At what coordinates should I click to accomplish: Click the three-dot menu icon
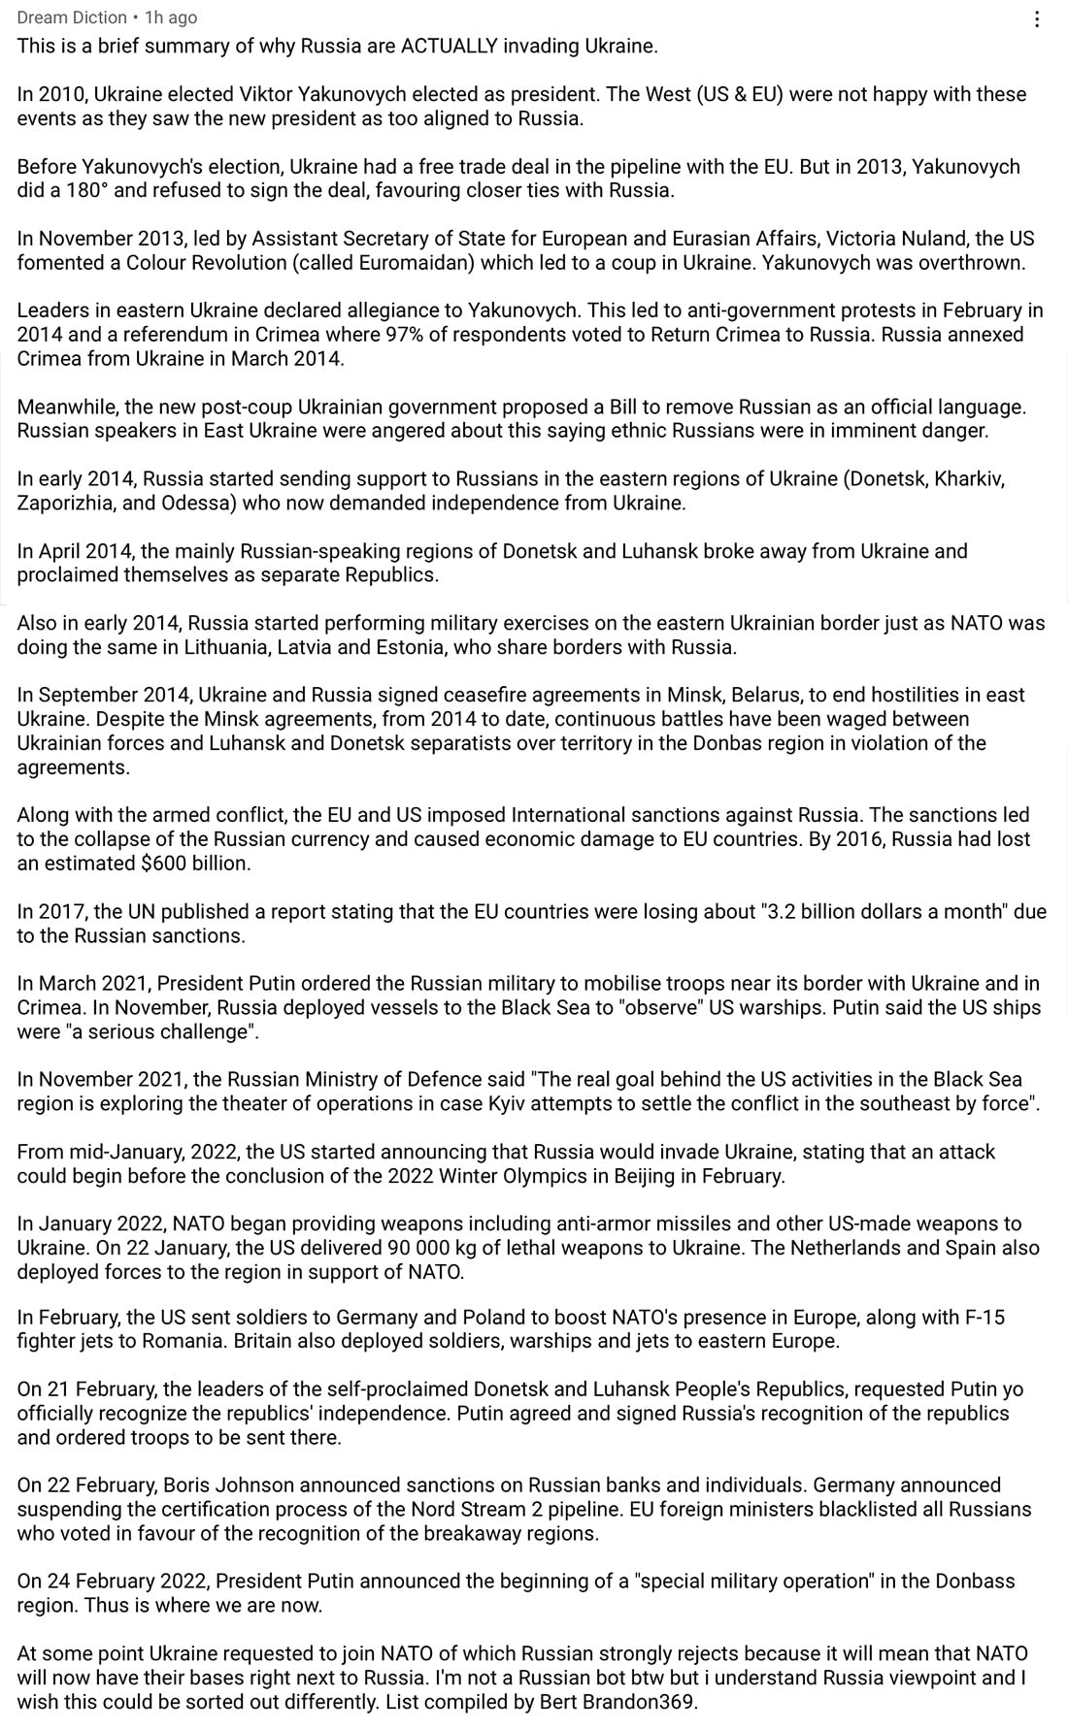click(1037, 18)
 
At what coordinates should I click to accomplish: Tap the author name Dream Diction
click(72, 17)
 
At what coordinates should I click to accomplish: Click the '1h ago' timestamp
click(171, 17)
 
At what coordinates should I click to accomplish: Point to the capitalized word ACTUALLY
click(449, 46)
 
